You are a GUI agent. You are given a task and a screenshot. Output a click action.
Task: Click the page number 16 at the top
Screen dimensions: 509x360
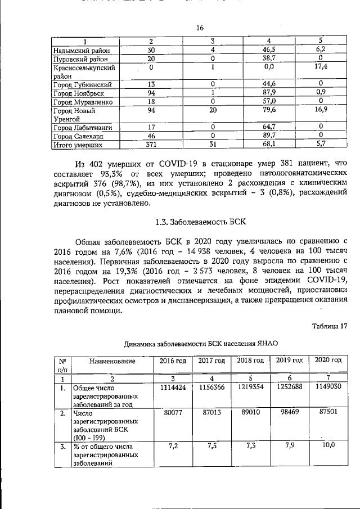coord(199,29)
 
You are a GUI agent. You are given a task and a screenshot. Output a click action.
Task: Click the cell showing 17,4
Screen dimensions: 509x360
coord(322,67)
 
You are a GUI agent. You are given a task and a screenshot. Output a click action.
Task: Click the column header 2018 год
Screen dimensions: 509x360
coord(250,360)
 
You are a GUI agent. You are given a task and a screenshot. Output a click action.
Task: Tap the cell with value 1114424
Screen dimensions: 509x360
coord(171,388)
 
